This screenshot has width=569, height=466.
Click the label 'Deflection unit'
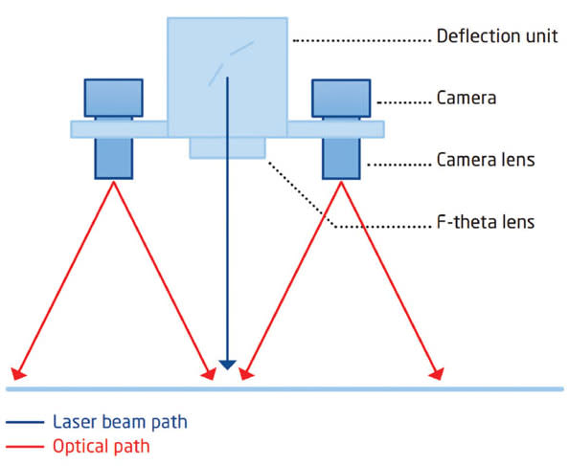495,38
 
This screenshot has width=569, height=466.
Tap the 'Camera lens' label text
485,161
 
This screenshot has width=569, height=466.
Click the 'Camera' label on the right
465,99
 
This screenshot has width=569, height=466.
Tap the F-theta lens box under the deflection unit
227,147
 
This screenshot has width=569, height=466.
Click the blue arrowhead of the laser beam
227,364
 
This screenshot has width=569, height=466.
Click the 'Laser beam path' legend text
120,422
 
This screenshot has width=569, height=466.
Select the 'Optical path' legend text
102,446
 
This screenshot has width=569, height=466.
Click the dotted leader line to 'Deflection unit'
359,39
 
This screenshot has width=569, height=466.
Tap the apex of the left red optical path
114,182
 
